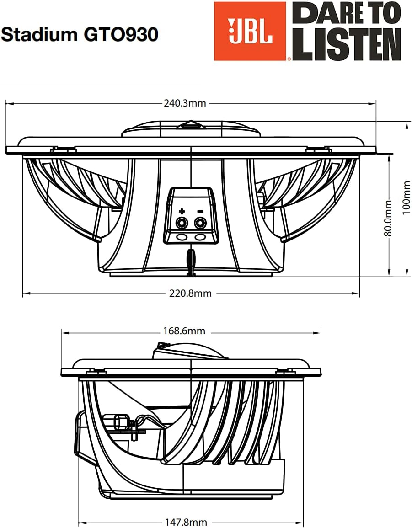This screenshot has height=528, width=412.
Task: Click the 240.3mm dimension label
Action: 185,103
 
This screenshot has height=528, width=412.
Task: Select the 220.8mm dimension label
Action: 191,293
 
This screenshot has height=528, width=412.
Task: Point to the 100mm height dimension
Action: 407,199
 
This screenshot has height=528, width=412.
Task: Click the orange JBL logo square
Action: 250,31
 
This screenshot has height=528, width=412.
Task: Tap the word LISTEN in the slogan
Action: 347,46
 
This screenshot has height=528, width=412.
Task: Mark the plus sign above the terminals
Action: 182,211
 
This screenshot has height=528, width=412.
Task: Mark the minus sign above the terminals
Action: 200,211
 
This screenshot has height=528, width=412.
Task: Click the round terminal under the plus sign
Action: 182,223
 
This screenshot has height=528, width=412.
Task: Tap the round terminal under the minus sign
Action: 200,223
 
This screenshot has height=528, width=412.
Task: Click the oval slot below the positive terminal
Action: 182,237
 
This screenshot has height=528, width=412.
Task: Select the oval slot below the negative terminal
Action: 200,237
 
